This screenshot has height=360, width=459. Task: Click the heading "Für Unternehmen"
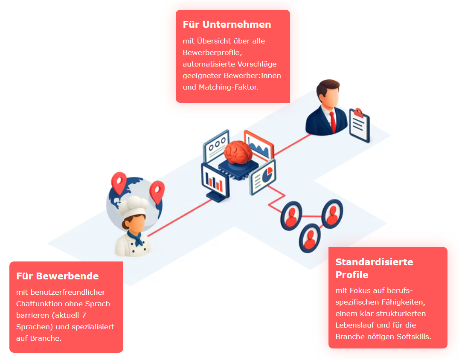tap(227, 24)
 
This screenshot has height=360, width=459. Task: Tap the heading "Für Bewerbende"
tap(57, 276)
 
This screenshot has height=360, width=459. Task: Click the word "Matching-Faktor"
tap(228, 87)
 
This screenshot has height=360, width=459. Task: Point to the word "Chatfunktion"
tap(44, 304)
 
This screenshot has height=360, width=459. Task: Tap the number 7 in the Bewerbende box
tap(84, 315)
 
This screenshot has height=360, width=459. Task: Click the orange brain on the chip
tap(238, 152)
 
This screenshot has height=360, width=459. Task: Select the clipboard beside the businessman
tap(360, 125)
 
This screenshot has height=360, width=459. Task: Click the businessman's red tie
tap(333, 122)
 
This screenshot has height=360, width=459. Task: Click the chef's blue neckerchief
tap(136, 238)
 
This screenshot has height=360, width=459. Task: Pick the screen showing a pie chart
tap(263, 177)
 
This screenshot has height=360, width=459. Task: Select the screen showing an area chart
tap(259, 145)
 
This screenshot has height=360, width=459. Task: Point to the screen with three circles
tap(216, 145)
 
